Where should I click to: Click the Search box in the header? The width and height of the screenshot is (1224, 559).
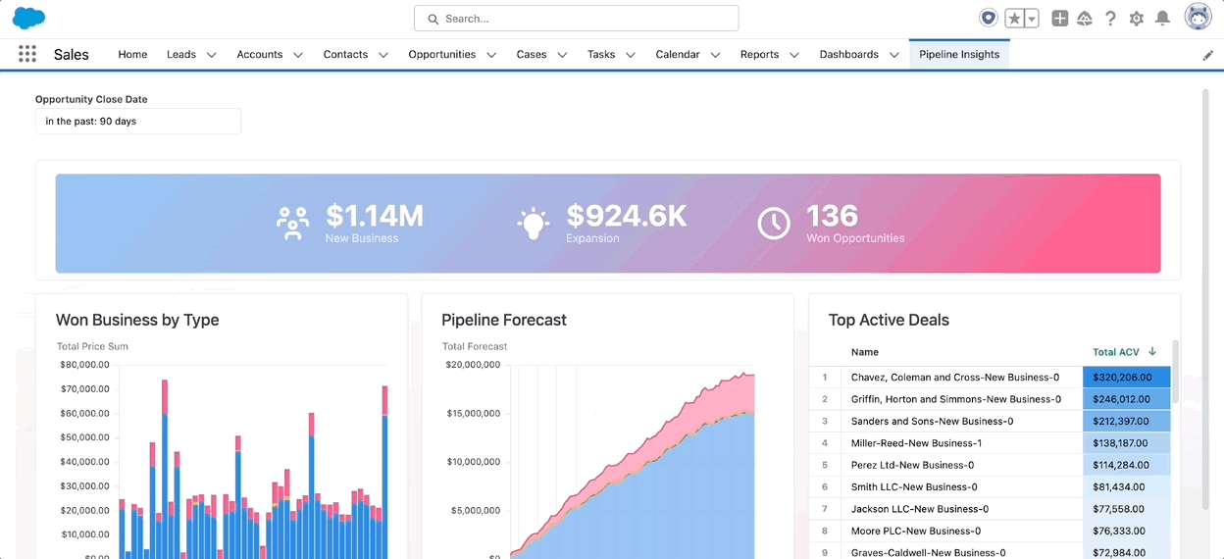pos(576,19)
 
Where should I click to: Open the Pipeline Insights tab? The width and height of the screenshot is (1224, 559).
pos(959,54)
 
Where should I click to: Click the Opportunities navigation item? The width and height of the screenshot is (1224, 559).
pos(442,54)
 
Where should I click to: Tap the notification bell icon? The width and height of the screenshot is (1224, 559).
pos(1162,19)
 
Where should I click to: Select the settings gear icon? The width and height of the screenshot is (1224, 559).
pos(1137,19)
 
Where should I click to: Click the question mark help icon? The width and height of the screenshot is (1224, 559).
pos(1110,19)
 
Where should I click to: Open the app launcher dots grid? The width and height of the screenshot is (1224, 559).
pos(27,54)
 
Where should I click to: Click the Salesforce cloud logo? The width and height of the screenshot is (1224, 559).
pos(28,18)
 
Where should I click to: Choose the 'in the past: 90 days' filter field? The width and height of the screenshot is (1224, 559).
pos(138,121)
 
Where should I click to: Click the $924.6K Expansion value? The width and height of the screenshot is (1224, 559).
pos(626,216)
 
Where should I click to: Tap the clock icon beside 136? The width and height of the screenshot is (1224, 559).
pos(774,223)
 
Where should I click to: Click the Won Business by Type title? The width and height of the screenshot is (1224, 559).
pos(137,320)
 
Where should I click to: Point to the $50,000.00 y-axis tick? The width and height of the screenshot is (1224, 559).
pos(84,437)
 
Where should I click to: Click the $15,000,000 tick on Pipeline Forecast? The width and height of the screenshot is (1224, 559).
pos(473,413)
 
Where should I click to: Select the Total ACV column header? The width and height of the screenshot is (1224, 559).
pos(1116,352)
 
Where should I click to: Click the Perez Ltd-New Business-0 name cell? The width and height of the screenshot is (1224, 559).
pos(912,465)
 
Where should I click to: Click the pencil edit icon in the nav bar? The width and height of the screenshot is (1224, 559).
pos(1207,55)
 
